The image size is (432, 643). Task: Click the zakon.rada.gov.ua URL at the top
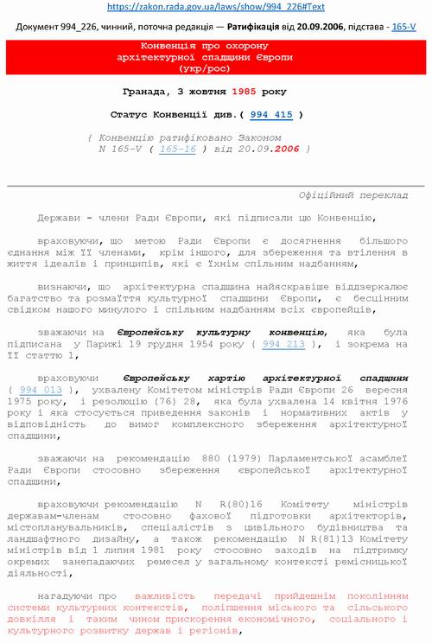(215, 7)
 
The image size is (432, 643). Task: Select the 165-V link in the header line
(403, 27)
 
